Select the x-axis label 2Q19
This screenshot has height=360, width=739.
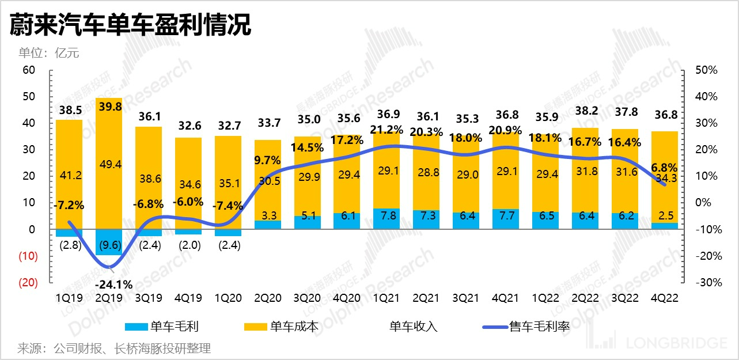click(108, 298)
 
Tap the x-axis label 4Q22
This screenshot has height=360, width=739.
click(664, 298)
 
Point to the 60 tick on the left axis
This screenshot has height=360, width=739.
click(29, 70)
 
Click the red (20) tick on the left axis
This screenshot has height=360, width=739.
click(29, 283)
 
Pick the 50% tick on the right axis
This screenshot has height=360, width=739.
click(706, 70)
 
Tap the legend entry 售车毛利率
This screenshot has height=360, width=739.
click(539, 327)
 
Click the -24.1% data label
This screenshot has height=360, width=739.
click(114, 284)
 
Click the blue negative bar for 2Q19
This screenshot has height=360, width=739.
click(108, 242)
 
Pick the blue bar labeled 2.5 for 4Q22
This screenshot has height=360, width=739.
click(664, 226)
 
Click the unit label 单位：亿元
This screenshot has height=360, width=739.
click(48, 54)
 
